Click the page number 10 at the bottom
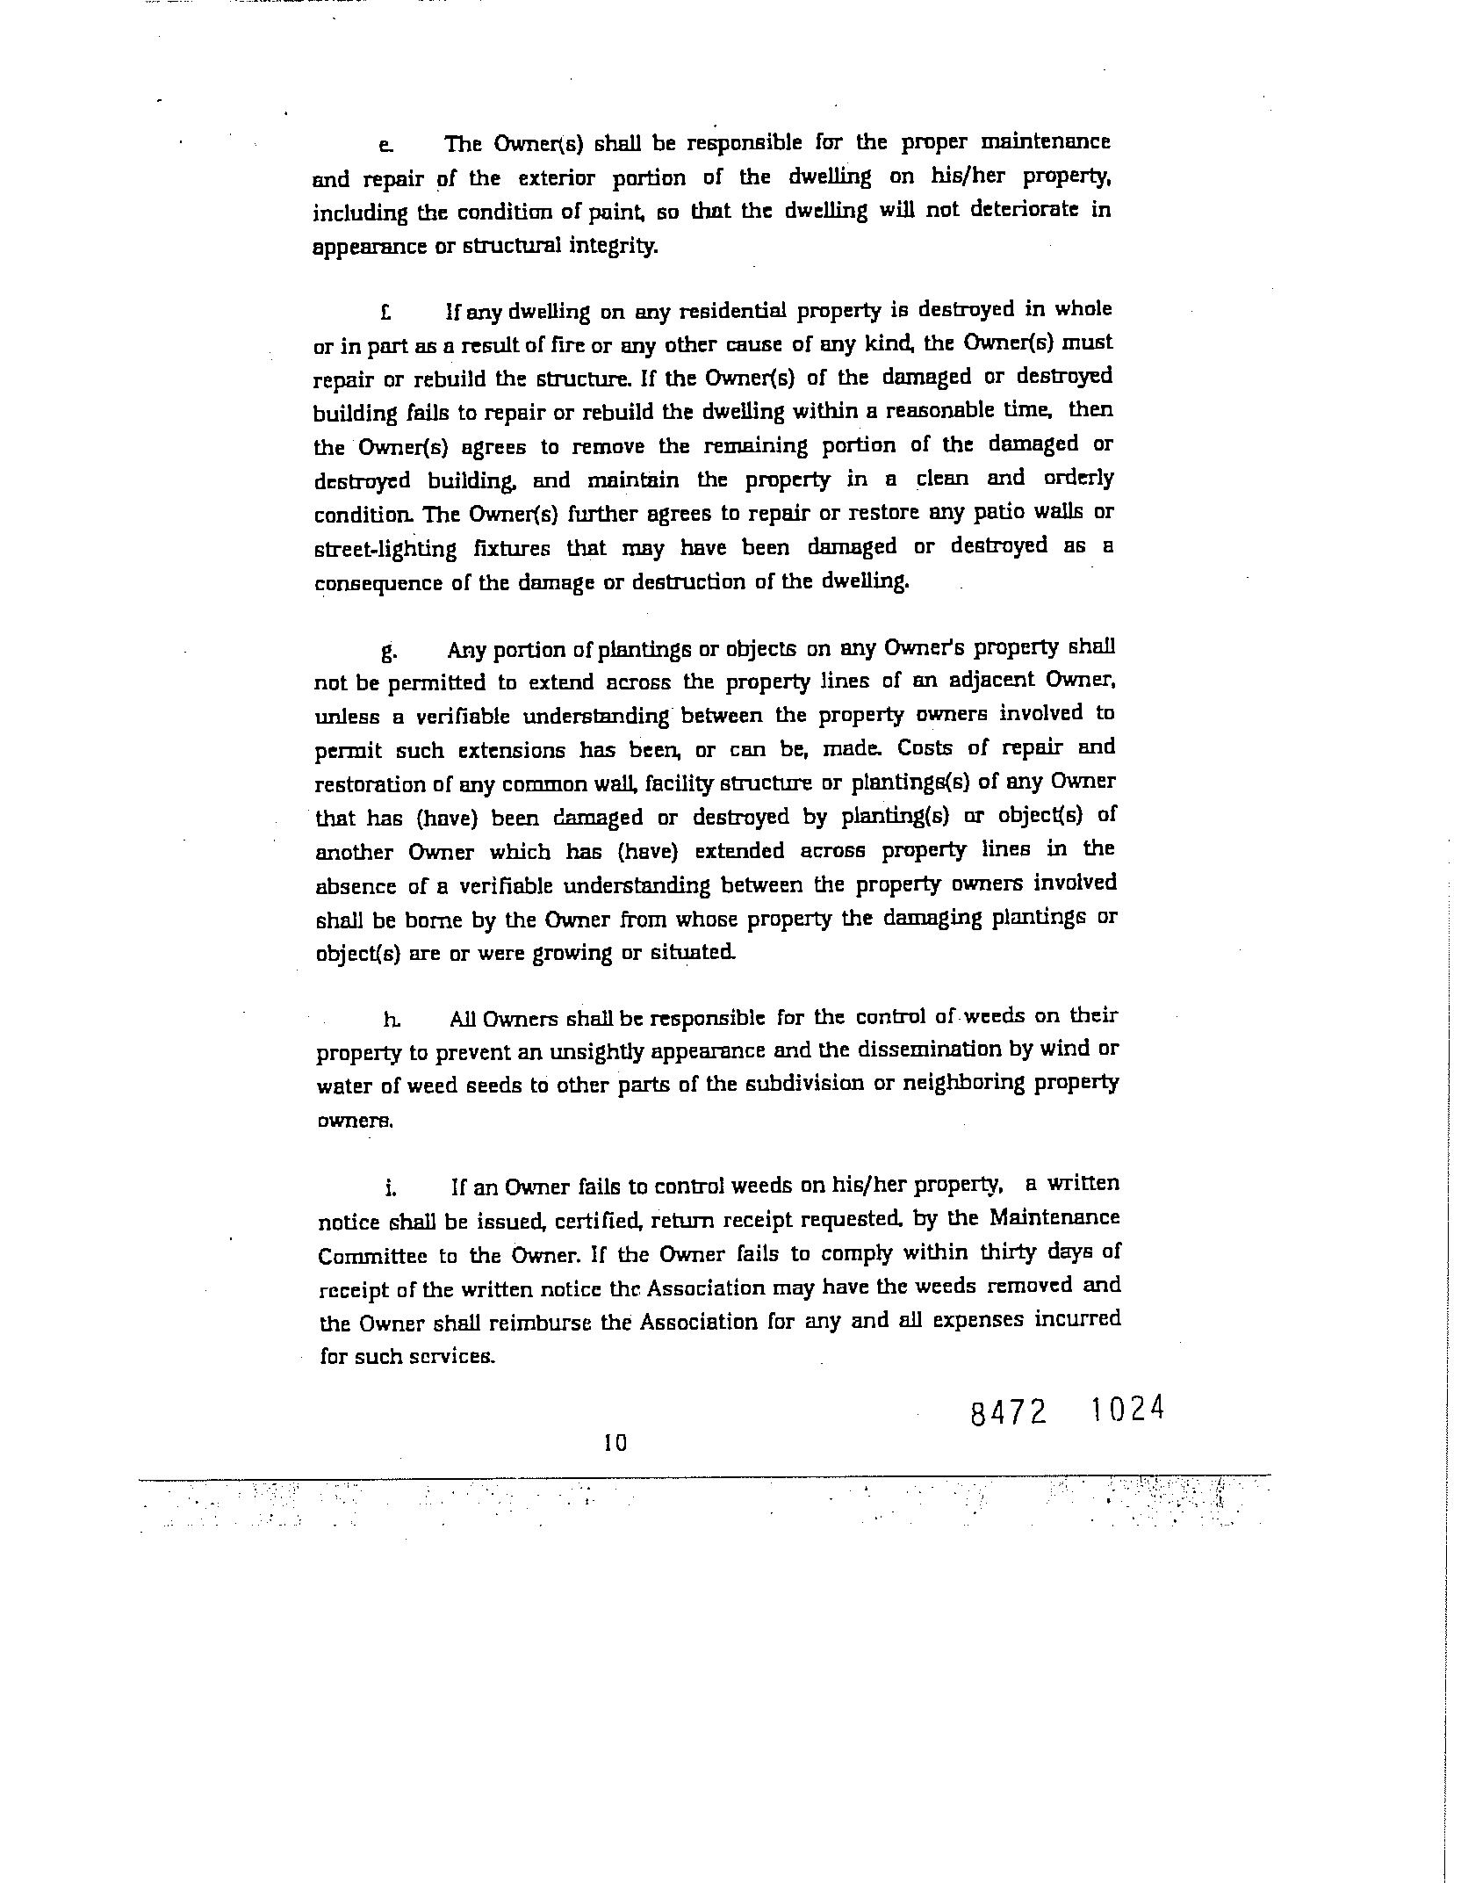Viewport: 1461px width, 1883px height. point(615,1442)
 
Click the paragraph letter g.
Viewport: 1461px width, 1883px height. point(390,652)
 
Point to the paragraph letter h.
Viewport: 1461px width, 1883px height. point(391,1019)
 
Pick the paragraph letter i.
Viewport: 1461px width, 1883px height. point(391,1188)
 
